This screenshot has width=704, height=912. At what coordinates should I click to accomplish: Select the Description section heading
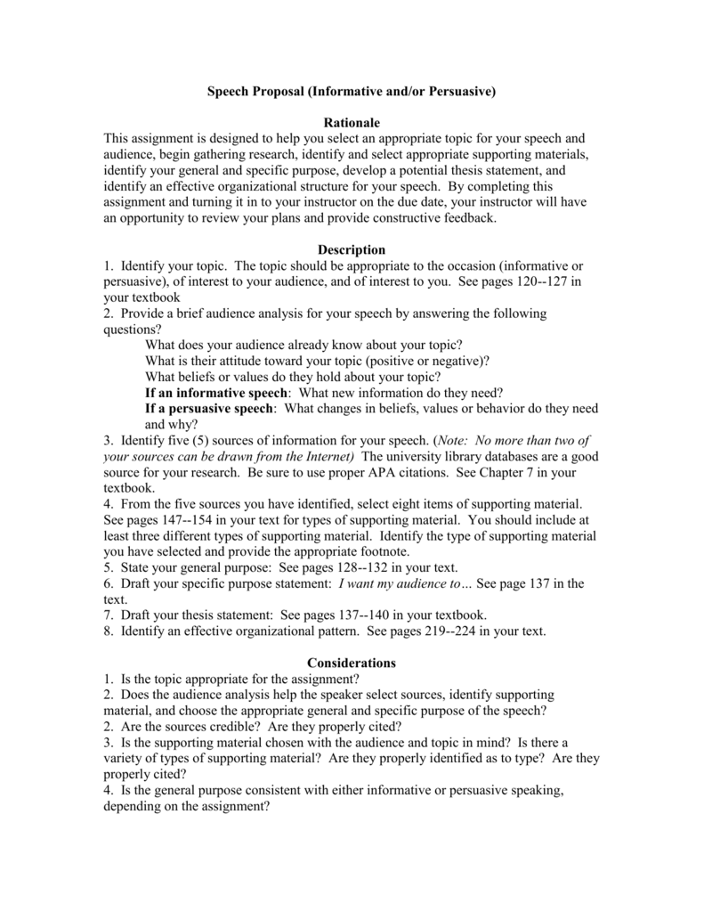click(352, 250)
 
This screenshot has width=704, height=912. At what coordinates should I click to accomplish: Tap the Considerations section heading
click(352, 663)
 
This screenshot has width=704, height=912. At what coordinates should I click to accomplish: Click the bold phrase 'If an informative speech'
click(216, 393)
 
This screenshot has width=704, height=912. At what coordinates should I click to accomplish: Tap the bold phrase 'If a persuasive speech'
click(210, 409)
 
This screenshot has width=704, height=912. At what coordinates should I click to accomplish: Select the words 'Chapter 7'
click(522, 472)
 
